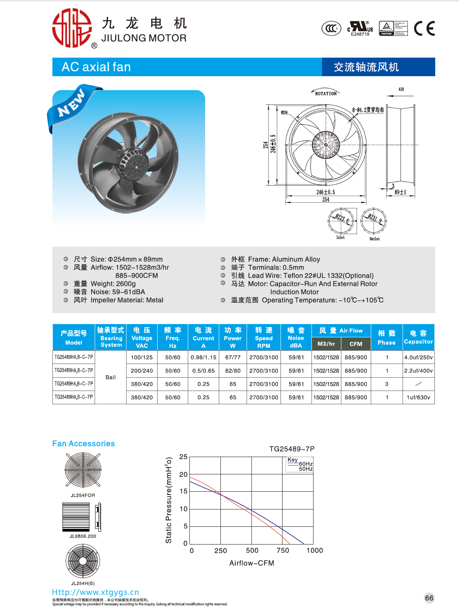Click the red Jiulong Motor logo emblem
72,28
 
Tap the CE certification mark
424,29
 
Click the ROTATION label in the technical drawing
326,94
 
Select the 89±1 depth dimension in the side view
400,192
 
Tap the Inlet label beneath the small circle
341,237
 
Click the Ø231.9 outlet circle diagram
374,220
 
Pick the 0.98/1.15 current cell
204,357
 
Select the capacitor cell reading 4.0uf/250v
418,357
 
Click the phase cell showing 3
387,384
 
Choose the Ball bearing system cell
110,377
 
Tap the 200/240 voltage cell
142,371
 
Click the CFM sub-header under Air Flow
356,344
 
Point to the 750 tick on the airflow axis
283,551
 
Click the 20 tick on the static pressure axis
183,474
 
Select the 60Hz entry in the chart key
305,464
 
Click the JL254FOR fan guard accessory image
83,470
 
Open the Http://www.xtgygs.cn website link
96,592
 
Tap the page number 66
429,598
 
